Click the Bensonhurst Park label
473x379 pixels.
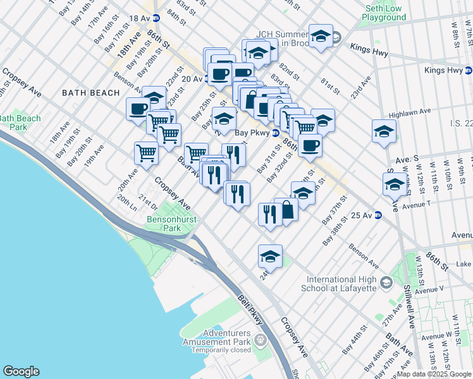[172, 224]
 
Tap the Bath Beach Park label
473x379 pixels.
[20, 123]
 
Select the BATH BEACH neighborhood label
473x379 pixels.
[90, 93]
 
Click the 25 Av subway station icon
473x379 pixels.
[378, 215]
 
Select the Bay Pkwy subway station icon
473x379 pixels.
[276, 133]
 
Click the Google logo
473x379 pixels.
[21, 371]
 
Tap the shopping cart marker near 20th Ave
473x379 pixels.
[146, 152]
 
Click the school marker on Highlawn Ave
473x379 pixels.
[384, 131]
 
